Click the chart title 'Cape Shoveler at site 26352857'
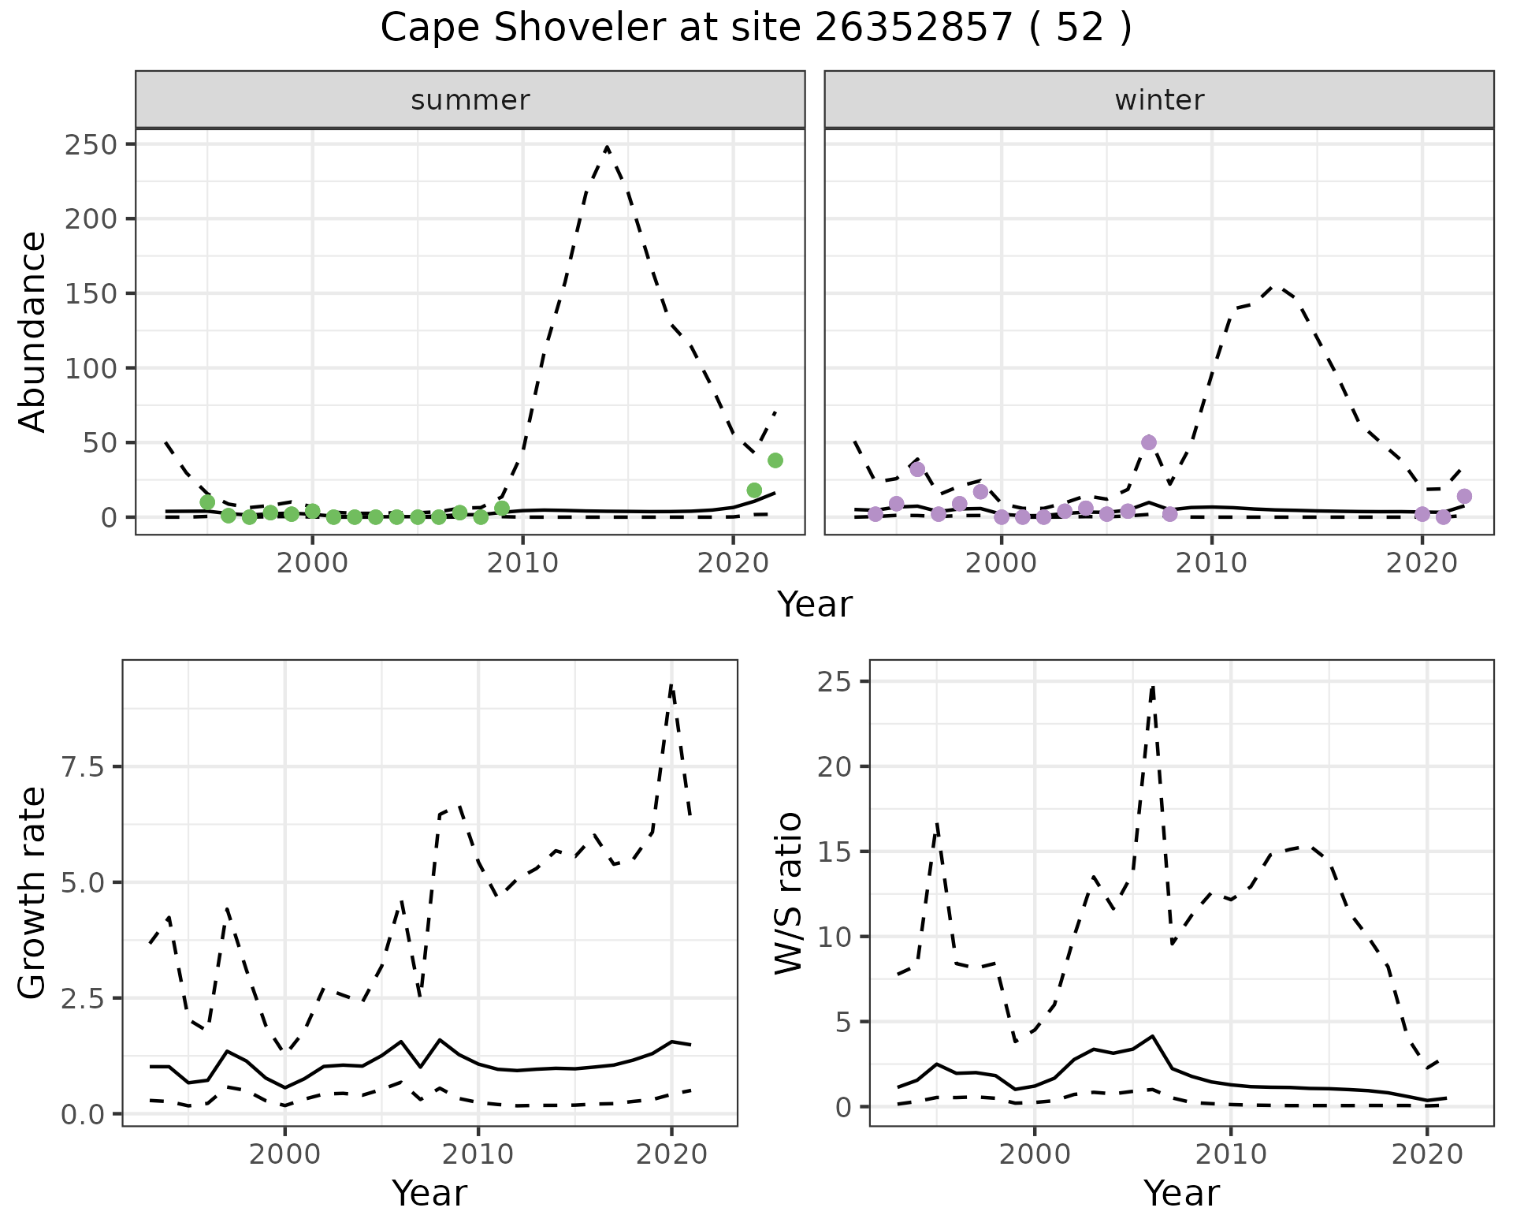755,28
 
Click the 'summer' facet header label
470,100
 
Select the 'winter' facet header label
1159,100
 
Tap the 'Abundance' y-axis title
32,332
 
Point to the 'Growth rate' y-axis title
32,893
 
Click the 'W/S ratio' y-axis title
788,893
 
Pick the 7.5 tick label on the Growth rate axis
82,767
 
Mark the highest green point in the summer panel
775,460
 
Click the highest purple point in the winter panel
1149,442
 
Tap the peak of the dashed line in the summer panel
607,147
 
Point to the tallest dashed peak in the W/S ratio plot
1153,687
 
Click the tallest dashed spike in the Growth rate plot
671,686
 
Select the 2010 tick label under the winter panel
1212,563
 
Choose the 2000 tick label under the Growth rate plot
285,1155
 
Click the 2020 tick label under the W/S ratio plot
1427,1155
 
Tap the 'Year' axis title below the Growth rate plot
429,1193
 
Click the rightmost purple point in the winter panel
1465,496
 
